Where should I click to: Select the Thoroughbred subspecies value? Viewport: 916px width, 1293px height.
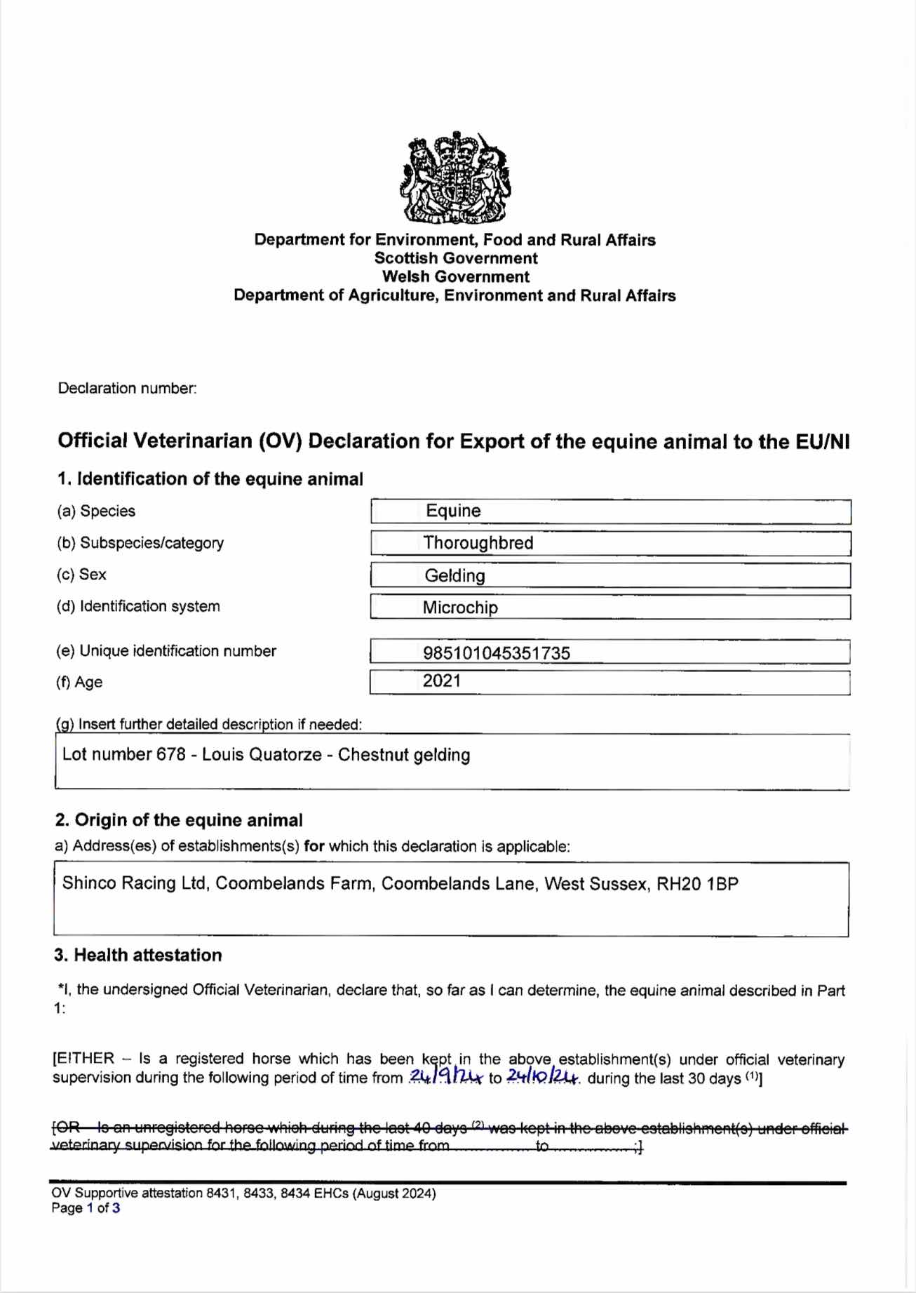click(478, 543)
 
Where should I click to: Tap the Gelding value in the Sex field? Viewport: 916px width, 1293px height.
click(454, 576)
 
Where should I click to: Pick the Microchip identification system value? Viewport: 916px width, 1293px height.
click(460, 608)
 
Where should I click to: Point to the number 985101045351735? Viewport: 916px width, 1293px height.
click(496, 653)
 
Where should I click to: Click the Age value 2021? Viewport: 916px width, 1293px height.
click(442, 681)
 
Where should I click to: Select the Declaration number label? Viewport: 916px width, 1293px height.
click(127, 388)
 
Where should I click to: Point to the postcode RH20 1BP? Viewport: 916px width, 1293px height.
click(697, 883)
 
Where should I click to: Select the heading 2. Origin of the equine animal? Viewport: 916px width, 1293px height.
click(179, 820)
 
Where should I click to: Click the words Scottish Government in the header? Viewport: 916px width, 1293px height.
click(456, 258)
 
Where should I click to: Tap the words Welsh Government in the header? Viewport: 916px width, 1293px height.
click(456, 276)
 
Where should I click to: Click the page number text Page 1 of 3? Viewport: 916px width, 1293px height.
click(86, 1208)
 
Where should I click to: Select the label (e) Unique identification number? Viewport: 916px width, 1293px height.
click(166, 651)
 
